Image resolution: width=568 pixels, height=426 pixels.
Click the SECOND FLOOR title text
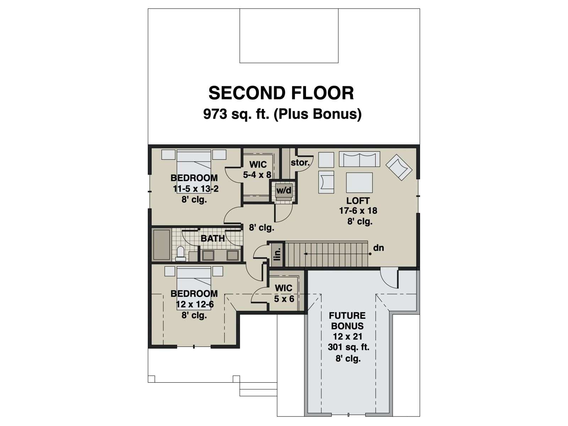(281, 93)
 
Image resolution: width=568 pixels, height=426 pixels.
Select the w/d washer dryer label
(284, 191)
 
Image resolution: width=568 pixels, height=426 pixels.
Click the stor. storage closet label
(300, 163)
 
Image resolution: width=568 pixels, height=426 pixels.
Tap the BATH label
(213, 238)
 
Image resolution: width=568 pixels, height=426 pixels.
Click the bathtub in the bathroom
(162, 245)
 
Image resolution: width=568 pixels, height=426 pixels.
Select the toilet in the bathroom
(180, 253)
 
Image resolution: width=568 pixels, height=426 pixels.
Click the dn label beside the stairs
(378, 248)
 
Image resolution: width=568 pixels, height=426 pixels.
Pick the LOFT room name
(358, 201)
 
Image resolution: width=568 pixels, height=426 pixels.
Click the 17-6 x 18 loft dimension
(358, 211)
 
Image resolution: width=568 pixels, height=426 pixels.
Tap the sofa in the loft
(359, 159)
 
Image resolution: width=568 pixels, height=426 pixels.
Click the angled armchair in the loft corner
(399, 167)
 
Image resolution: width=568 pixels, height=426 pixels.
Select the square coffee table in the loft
(359, 182)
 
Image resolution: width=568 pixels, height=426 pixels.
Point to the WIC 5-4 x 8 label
(257, 170)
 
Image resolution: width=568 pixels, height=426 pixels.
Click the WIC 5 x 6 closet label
(284, 293)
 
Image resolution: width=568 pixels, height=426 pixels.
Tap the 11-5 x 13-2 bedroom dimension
(196, 189)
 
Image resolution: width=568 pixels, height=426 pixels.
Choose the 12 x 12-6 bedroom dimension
(195, 305)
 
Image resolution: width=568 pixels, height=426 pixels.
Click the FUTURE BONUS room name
(347, 321)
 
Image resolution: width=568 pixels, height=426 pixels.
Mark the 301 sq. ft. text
(348, 347)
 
